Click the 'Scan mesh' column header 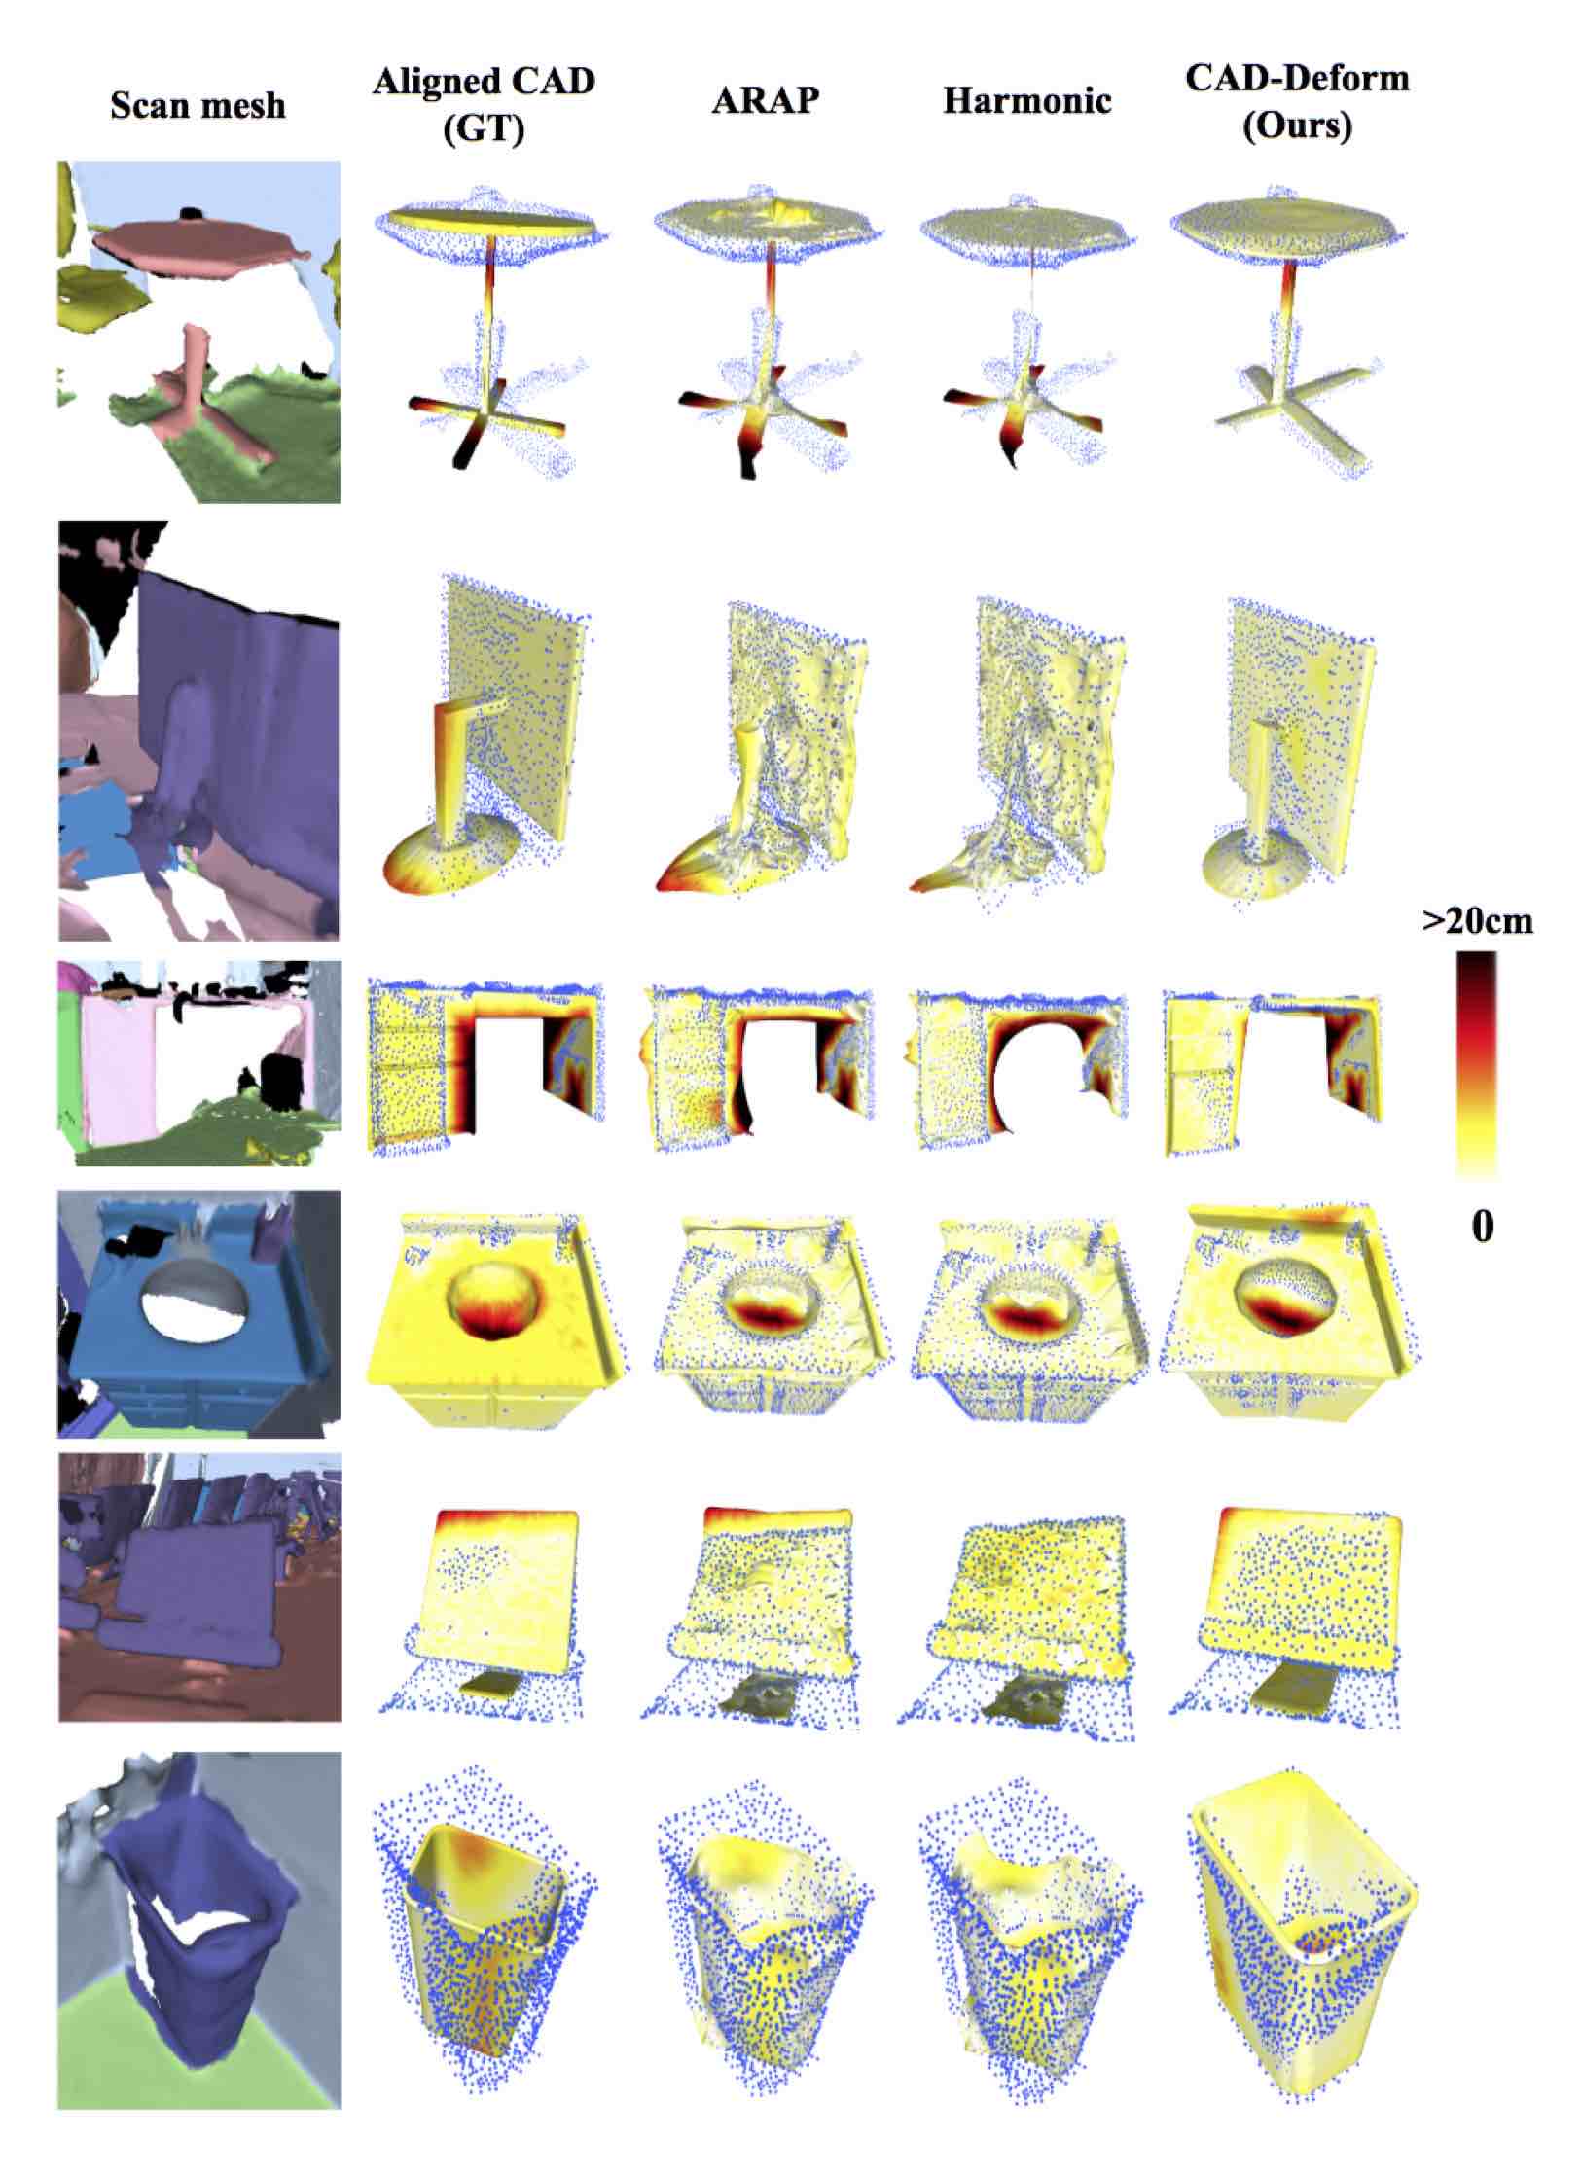point(198,105)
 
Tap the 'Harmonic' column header point(1026,102)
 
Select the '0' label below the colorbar point(1481,1228)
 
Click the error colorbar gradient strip point(1477,1064)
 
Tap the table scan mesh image point(198,332)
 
